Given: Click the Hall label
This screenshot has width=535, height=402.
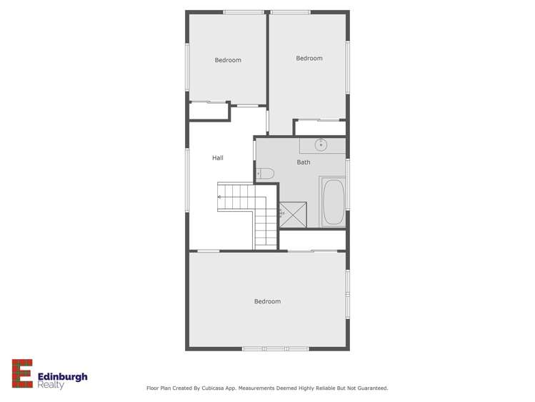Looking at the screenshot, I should click(218, 157).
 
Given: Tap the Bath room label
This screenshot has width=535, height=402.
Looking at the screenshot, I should click(304, 162).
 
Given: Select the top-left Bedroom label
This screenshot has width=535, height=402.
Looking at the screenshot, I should click(228, 60).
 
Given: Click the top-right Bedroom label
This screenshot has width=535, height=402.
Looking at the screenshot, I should click(309, 59).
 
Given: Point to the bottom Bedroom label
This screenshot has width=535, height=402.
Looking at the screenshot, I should click(267, 302).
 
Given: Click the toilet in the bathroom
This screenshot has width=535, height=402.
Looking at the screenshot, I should click(265, 172).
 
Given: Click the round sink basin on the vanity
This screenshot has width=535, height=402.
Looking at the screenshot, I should click(321, 145).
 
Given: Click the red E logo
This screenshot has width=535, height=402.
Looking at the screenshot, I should click(22, 373).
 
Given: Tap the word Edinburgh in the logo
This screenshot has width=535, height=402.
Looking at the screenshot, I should click(63, 375).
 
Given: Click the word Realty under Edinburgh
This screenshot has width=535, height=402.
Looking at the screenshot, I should click(52, 386).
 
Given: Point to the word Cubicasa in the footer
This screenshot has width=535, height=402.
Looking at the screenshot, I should click(206, 388).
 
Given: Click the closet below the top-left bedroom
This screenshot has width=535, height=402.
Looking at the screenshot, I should click(209, 112).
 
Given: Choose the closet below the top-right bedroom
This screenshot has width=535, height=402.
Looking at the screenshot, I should click(320, 128).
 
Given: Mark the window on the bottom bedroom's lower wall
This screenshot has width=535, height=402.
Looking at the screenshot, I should click(274, 349).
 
